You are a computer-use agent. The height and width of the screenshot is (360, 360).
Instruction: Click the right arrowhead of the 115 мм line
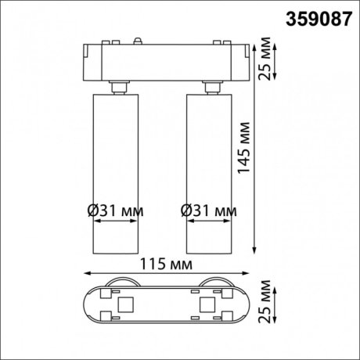[246, 274]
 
